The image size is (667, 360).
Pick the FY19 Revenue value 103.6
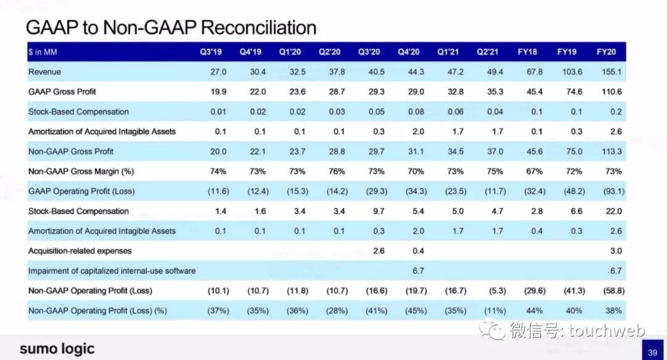566,72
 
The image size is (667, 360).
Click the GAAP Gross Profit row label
62,91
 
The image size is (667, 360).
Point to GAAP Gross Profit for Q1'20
290,91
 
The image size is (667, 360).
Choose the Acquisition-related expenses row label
80,251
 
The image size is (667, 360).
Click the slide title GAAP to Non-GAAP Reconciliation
171,28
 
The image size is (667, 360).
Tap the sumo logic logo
57,348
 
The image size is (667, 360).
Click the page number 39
653,352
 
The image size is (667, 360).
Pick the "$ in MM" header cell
43,52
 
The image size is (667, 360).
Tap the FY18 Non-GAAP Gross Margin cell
528,171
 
